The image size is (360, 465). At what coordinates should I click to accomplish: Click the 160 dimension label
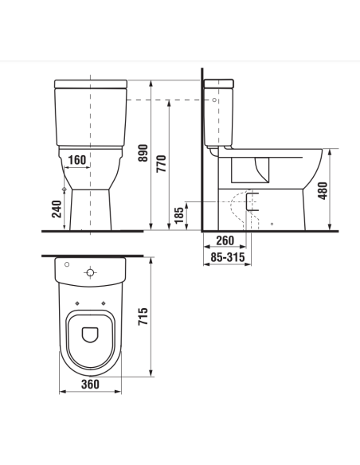[x=77, y=160]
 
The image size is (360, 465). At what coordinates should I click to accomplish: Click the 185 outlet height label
[x=178, y=213]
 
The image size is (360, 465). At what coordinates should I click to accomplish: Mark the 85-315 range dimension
[x=225, y=257]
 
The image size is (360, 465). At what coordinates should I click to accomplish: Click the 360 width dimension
[x=90, y=385]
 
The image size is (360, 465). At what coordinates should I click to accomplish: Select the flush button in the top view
[x=90, y=272]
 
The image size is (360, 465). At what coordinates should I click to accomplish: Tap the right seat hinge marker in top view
[x=106, y=303]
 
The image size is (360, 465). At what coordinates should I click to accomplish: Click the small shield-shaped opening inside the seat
[x=90, y=334]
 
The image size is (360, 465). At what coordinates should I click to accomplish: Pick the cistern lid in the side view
[x=220, y=83]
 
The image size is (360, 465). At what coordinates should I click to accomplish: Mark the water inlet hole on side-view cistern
[x=217, y=100]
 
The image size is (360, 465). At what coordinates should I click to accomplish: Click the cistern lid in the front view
[x=90, y=83]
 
